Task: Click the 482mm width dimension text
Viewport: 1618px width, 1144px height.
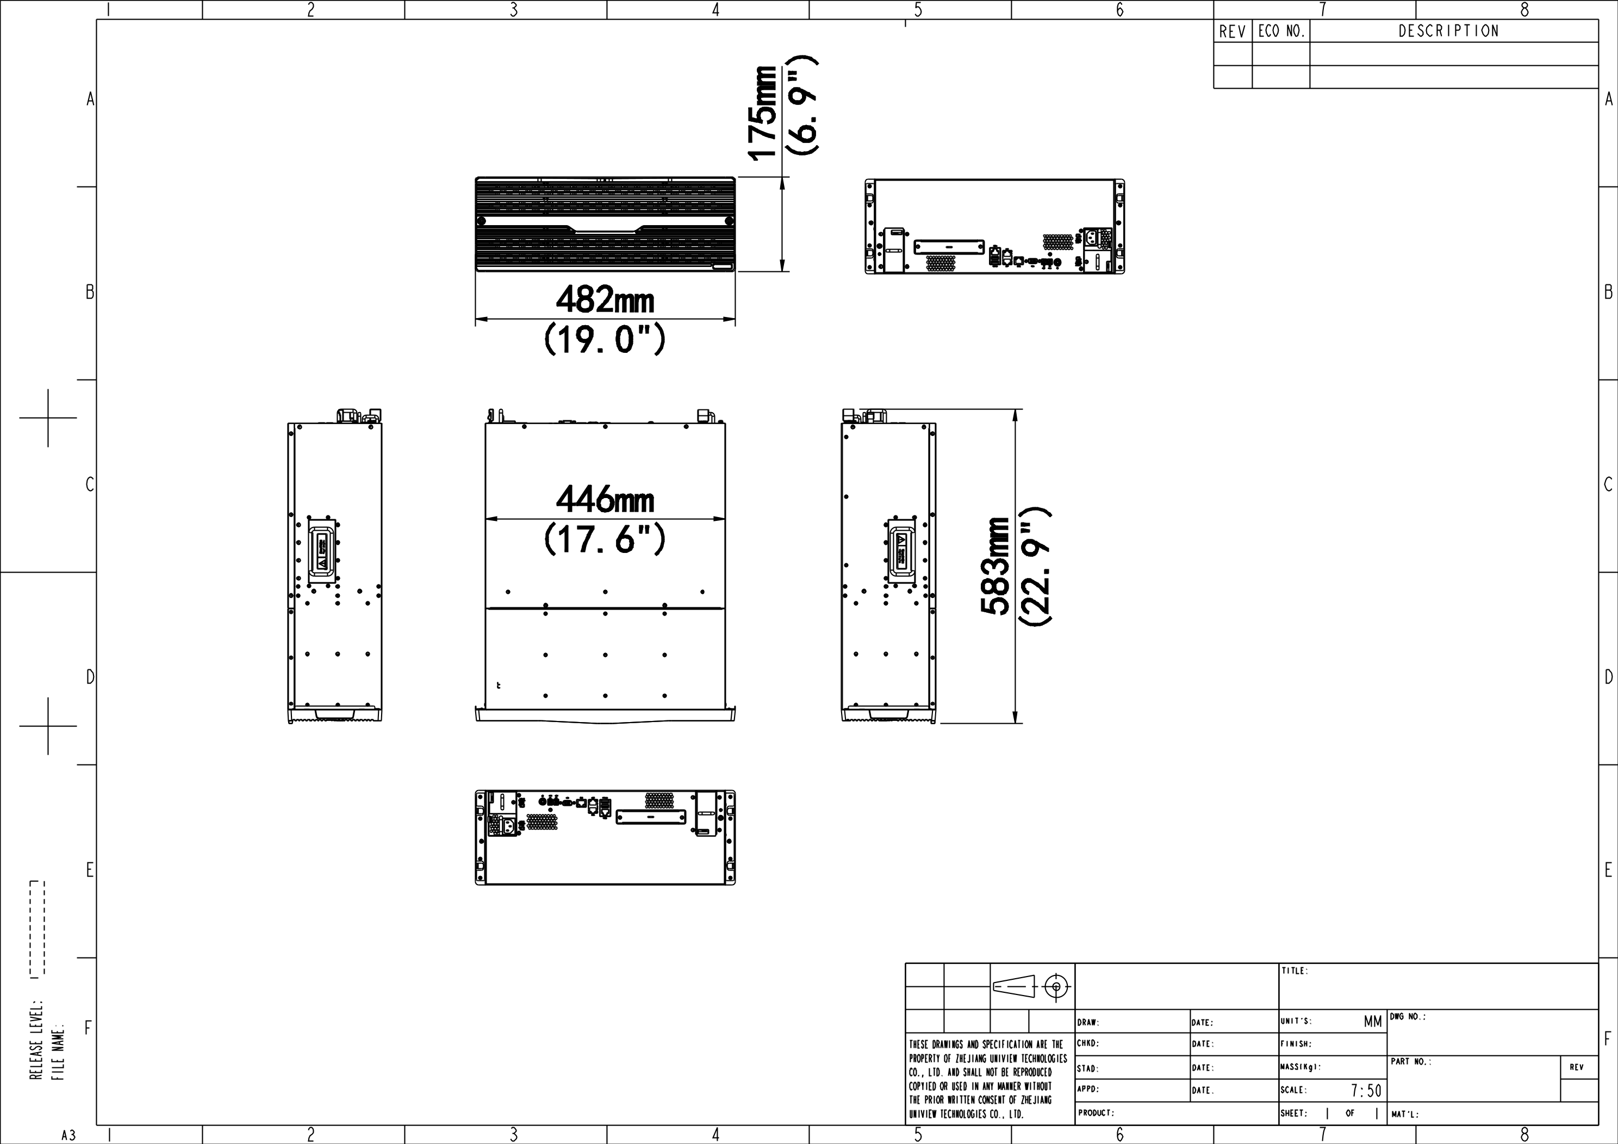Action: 605,300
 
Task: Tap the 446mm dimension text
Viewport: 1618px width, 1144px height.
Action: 605,499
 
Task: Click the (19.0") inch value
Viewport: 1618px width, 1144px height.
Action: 605,339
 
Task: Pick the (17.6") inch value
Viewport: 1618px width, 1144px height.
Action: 605,539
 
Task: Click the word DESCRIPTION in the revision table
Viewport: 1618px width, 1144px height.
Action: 1448,31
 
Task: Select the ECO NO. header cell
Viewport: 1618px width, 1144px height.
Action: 1281,31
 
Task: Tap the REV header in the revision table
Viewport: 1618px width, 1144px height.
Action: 1233,31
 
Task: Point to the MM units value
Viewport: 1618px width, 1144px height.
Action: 1373,1021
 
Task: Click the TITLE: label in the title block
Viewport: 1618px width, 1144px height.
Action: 1295,971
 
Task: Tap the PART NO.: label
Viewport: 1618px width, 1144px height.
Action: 1411,1061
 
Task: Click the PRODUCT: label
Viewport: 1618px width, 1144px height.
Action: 1096,1113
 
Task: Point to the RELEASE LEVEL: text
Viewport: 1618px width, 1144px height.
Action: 35,1039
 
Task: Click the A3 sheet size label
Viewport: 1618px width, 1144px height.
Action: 69,1135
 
